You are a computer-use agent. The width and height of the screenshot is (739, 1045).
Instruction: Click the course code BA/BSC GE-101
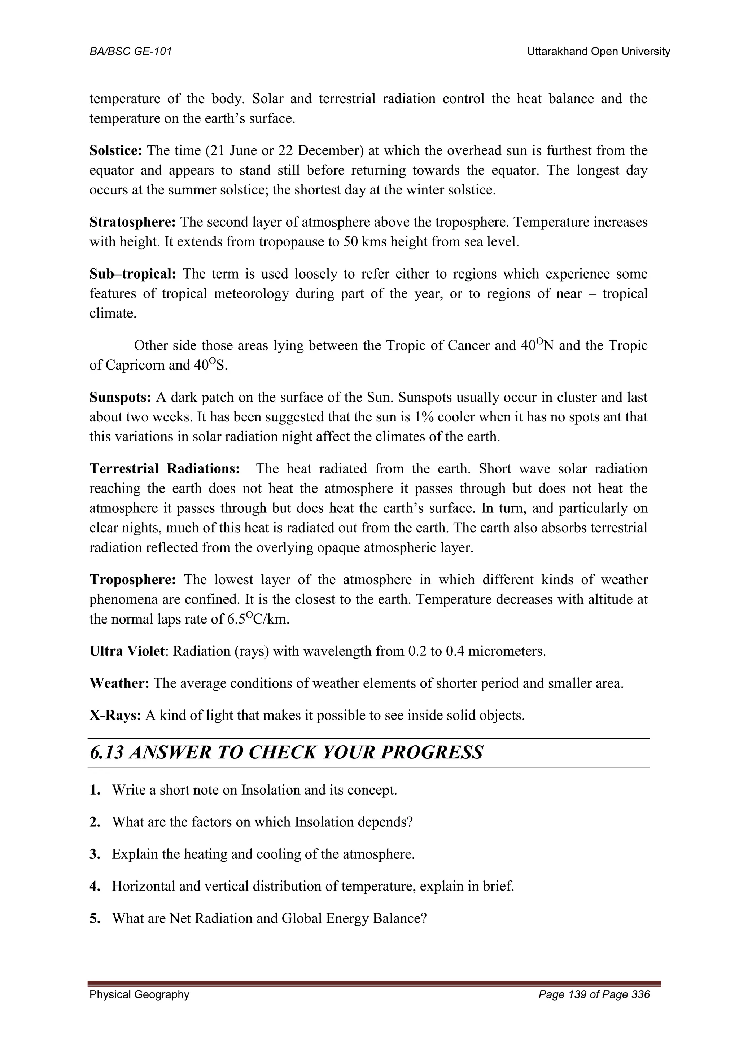tap(131, 52)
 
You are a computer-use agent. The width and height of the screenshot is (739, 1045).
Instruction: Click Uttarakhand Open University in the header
tap(598, 52)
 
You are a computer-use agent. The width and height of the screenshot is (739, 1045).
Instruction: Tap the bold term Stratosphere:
tap(132, 222)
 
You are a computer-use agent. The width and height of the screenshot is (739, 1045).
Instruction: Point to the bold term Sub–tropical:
tap(132, 274)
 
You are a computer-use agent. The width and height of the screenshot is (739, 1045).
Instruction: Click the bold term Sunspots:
tap(120, 397)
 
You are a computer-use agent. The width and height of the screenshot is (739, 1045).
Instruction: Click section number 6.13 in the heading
tap(106, 752)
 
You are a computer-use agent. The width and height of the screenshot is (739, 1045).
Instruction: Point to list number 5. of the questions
tap(95, 918)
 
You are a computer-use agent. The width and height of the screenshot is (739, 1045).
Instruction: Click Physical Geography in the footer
tap(139, 995)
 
